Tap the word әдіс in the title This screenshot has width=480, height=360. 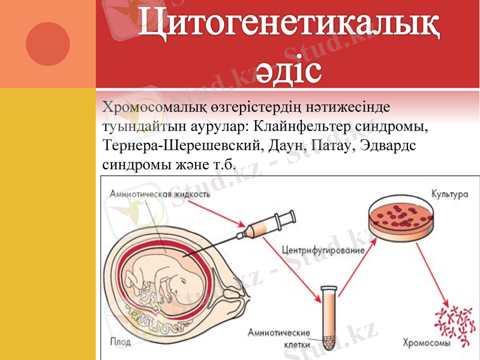tap(289, 70)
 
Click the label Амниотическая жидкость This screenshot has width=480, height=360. tap(160, 194)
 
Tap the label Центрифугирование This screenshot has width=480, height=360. tap(322, 249)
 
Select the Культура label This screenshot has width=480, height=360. tap(449, 194)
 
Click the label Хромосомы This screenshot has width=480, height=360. tap(425, 344)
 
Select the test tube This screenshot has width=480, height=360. tap(328, 318)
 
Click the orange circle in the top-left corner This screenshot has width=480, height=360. tap(48, 43)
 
